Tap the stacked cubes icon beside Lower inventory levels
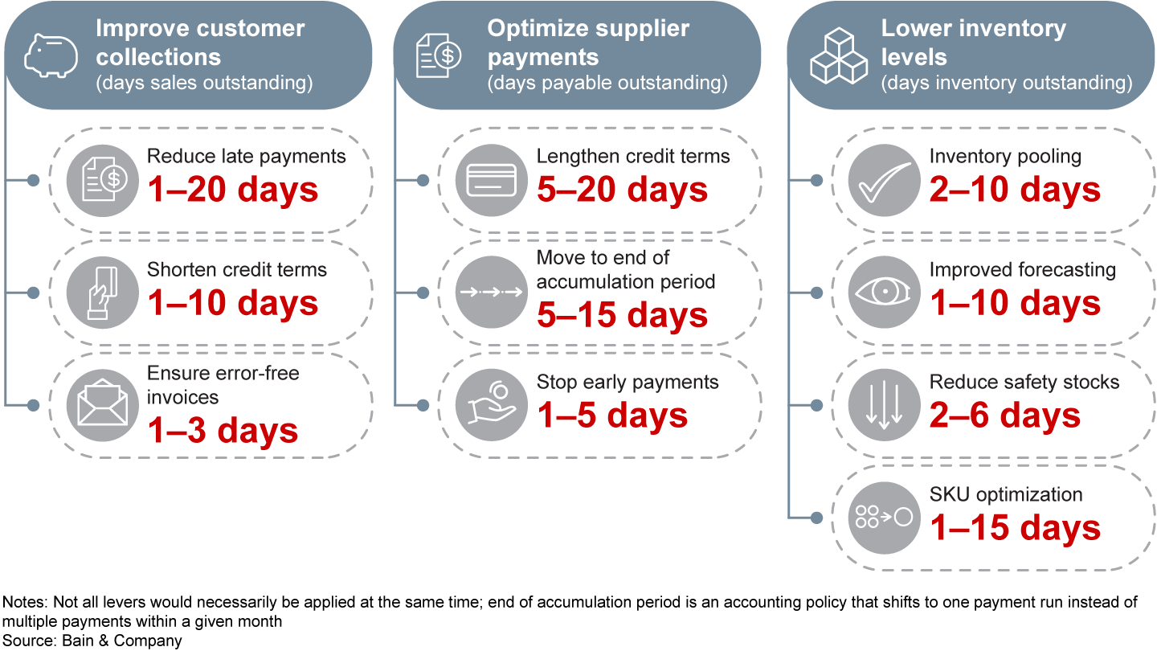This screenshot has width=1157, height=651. coord(838,56)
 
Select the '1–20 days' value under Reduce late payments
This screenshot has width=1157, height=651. coord(233,190)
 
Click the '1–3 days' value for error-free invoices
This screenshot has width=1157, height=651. coord(223,431)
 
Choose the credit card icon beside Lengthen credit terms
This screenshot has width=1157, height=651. coord(490,179)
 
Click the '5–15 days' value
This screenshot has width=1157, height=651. coord(623,315)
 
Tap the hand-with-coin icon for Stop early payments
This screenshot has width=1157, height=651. coord(490,403)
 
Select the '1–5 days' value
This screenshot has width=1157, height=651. coord(612,416)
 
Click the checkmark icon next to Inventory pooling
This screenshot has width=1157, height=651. coord(884,179)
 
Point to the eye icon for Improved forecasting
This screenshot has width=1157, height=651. coord(884,292)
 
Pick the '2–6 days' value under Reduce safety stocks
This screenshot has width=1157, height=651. coord(1005,416)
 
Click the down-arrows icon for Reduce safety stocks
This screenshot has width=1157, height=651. coord(884,403)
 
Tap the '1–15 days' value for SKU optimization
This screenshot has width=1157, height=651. coord(1016,528)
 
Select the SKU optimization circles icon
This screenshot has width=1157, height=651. coord(884,516)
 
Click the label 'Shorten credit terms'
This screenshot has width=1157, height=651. coord(237,269)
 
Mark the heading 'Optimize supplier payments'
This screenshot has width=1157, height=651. coord(588,43)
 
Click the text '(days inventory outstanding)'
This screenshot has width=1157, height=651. coord(1007,83)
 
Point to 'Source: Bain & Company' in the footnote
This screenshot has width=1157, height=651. coord(92,641)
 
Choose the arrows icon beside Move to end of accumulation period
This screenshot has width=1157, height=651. coord(490,292)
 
